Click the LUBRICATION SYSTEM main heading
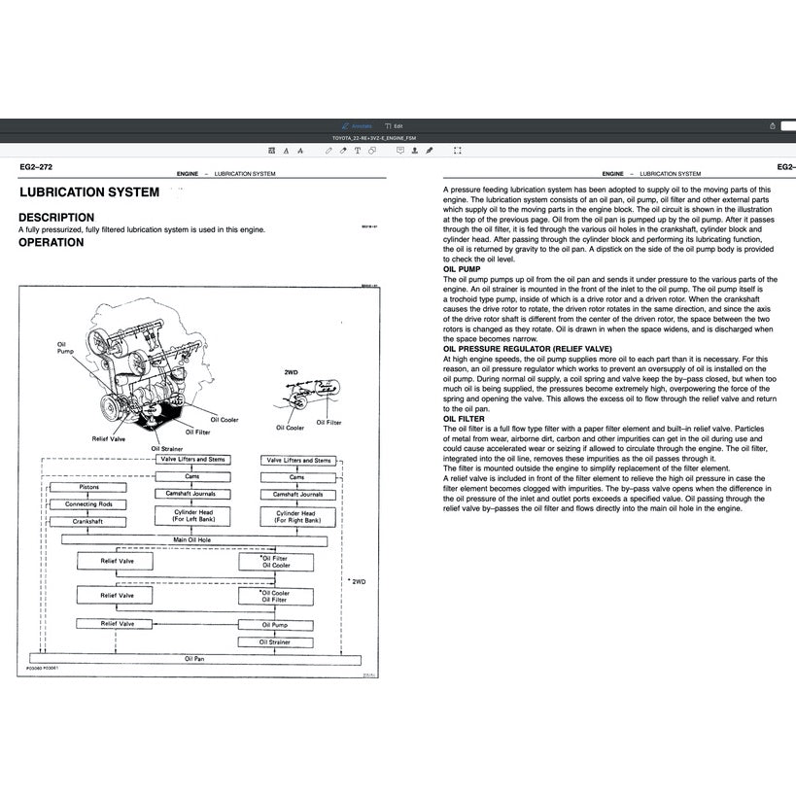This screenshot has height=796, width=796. [x=88, y=192]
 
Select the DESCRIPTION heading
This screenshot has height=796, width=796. [x=56, y=218]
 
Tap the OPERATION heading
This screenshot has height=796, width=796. [x=52, y=243]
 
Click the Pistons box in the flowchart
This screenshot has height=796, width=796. [x=88, y=488]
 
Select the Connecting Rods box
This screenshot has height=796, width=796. [x=88, y=504]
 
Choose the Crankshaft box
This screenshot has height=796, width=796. [x=88, y=522]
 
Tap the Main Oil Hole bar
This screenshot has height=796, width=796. [x=193, y=539]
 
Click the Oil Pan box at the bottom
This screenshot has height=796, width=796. [x=195, y=658]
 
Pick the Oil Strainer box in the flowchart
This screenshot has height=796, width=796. [x=276, y=642]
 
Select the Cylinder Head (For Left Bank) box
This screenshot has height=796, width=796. [x=193, y=516]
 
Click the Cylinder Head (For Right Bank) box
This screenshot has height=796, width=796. [x=296, y=516]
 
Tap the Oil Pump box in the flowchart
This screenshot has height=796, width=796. [x=276, y=625]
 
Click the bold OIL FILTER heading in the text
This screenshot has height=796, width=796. [x=464, y=419]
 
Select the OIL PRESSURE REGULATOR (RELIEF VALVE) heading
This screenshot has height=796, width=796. [x=528, y=347]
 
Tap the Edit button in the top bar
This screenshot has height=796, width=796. [x=394, y=126]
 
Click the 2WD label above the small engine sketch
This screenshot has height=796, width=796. [x=291, y=372]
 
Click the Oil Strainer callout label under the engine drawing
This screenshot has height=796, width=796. [x=166, y=448]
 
